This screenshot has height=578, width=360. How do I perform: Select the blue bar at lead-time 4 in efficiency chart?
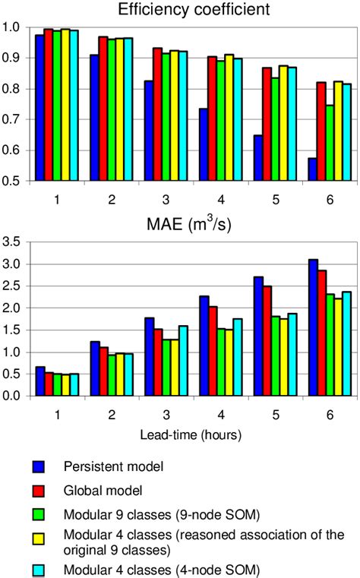(182, 144)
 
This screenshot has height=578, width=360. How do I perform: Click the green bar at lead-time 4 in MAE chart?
(200, 362)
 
